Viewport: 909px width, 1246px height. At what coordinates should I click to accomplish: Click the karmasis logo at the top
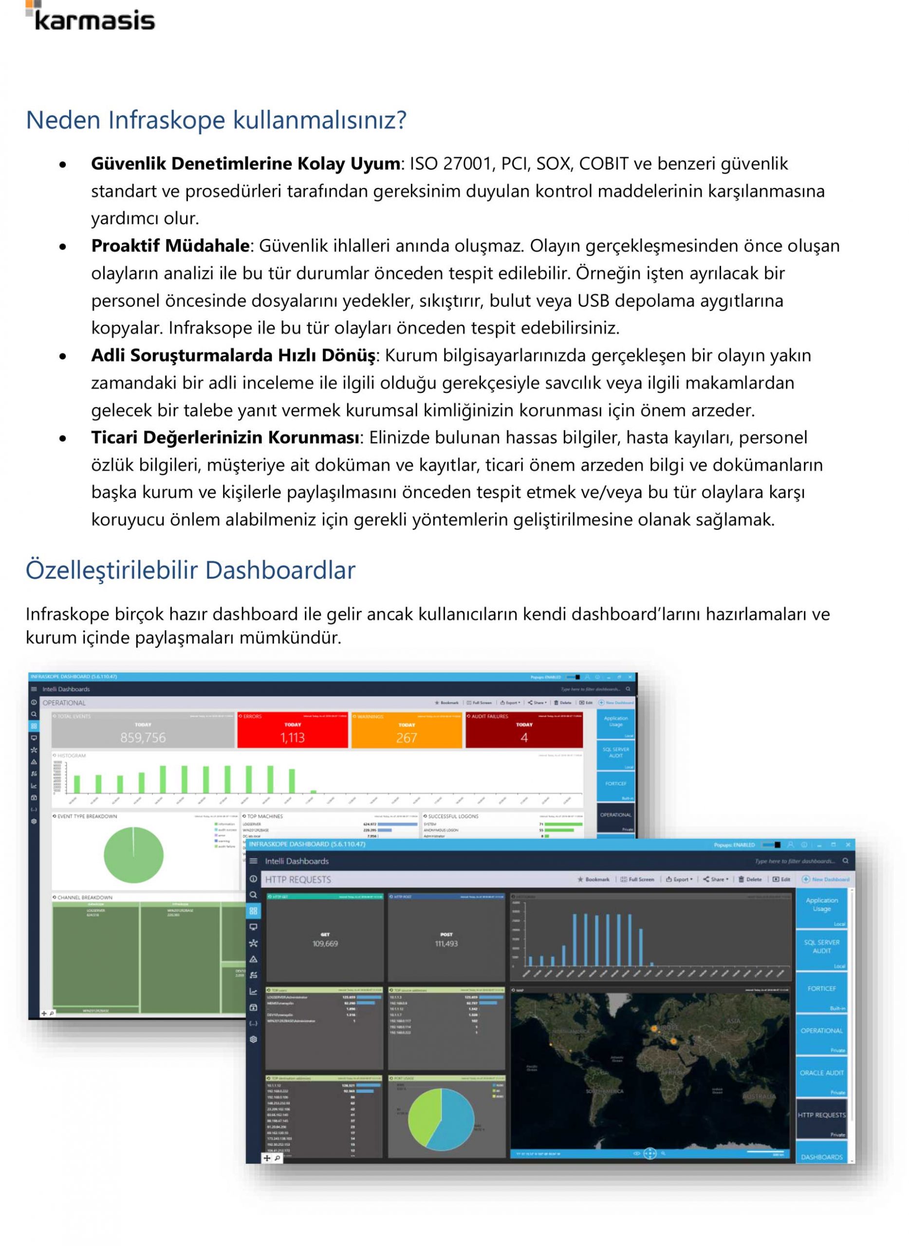pyautogui.click(x=91, y=18)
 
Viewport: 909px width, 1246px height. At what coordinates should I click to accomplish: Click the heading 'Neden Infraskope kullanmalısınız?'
pyautogui.click(x=216, y=120)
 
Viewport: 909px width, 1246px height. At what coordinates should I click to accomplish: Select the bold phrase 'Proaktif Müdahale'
pyautogui.click(x=170, y=246)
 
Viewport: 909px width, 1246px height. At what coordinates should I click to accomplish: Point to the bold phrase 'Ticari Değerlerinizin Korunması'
pyautogui.click(x=225, y=438)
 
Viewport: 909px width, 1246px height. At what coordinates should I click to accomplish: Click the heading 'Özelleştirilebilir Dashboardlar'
pyautogui.click(x=190, y=570)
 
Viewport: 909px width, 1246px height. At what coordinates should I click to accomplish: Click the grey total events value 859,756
pyautogui.click(x=143, y=738)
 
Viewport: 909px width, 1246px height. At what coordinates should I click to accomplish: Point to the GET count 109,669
pyautogui.click(x=325, y=944)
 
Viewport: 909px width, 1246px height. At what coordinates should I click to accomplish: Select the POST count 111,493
pyautogui.click(x=446, y=944)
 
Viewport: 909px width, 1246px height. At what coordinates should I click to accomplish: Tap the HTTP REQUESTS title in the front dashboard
pyautogui.click(x=298, y=880)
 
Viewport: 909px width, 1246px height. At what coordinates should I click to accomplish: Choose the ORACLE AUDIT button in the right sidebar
pyautogui.click(x=821, y=1073)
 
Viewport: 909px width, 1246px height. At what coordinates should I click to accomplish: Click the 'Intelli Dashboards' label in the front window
pyautogui.click(x=297, y=861)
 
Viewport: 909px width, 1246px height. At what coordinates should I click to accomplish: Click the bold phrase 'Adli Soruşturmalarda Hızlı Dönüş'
pyautogui.click(x=233, y=356)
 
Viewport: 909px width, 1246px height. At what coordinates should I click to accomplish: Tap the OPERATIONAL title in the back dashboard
pyautogui.click(x=64, y=703)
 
